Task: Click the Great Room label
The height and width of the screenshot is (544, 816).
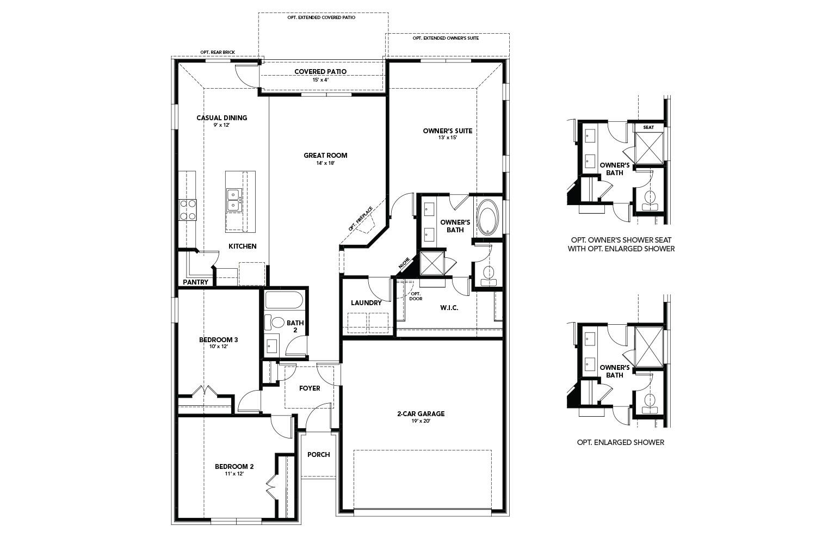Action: (x=325, y=156)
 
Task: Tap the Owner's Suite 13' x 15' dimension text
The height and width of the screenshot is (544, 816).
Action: (x=447, y=138)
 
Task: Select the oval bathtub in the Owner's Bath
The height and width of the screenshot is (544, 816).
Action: (x=487, y=218)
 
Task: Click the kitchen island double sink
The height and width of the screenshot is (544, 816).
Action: (x=234, y=199)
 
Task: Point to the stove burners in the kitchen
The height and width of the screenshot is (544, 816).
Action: (x=188, y=210)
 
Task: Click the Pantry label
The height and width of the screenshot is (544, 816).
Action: (x=196, y=282)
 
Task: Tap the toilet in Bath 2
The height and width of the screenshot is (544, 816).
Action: (x=278, y=322)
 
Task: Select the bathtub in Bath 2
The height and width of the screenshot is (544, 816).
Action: (x=284, y=300)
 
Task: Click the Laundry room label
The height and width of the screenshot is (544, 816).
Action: (x=366, y=303)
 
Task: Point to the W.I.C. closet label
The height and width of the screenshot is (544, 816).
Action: (x=449, y=308)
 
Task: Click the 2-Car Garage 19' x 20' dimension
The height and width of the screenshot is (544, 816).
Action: (x=421, y=421)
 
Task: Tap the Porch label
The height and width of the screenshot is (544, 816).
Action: (x=318, y=455)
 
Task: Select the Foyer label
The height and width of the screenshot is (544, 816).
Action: (x=310, y=388)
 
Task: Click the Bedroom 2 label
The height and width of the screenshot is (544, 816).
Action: (x=234, y=467)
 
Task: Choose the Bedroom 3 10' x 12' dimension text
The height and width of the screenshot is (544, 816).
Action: (x=218, y=347)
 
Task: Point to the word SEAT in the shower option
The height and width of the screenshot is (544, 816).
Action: (x=648, y=127)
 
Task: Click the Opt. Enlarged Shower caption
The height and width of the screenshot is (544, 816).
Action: (x=620, y=443)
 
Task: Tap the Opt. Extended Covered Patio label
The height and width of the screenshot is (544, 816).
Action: (x=322, y=17)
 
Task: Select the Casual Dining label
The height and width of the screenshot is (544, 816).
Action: (x=221, y=118)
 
